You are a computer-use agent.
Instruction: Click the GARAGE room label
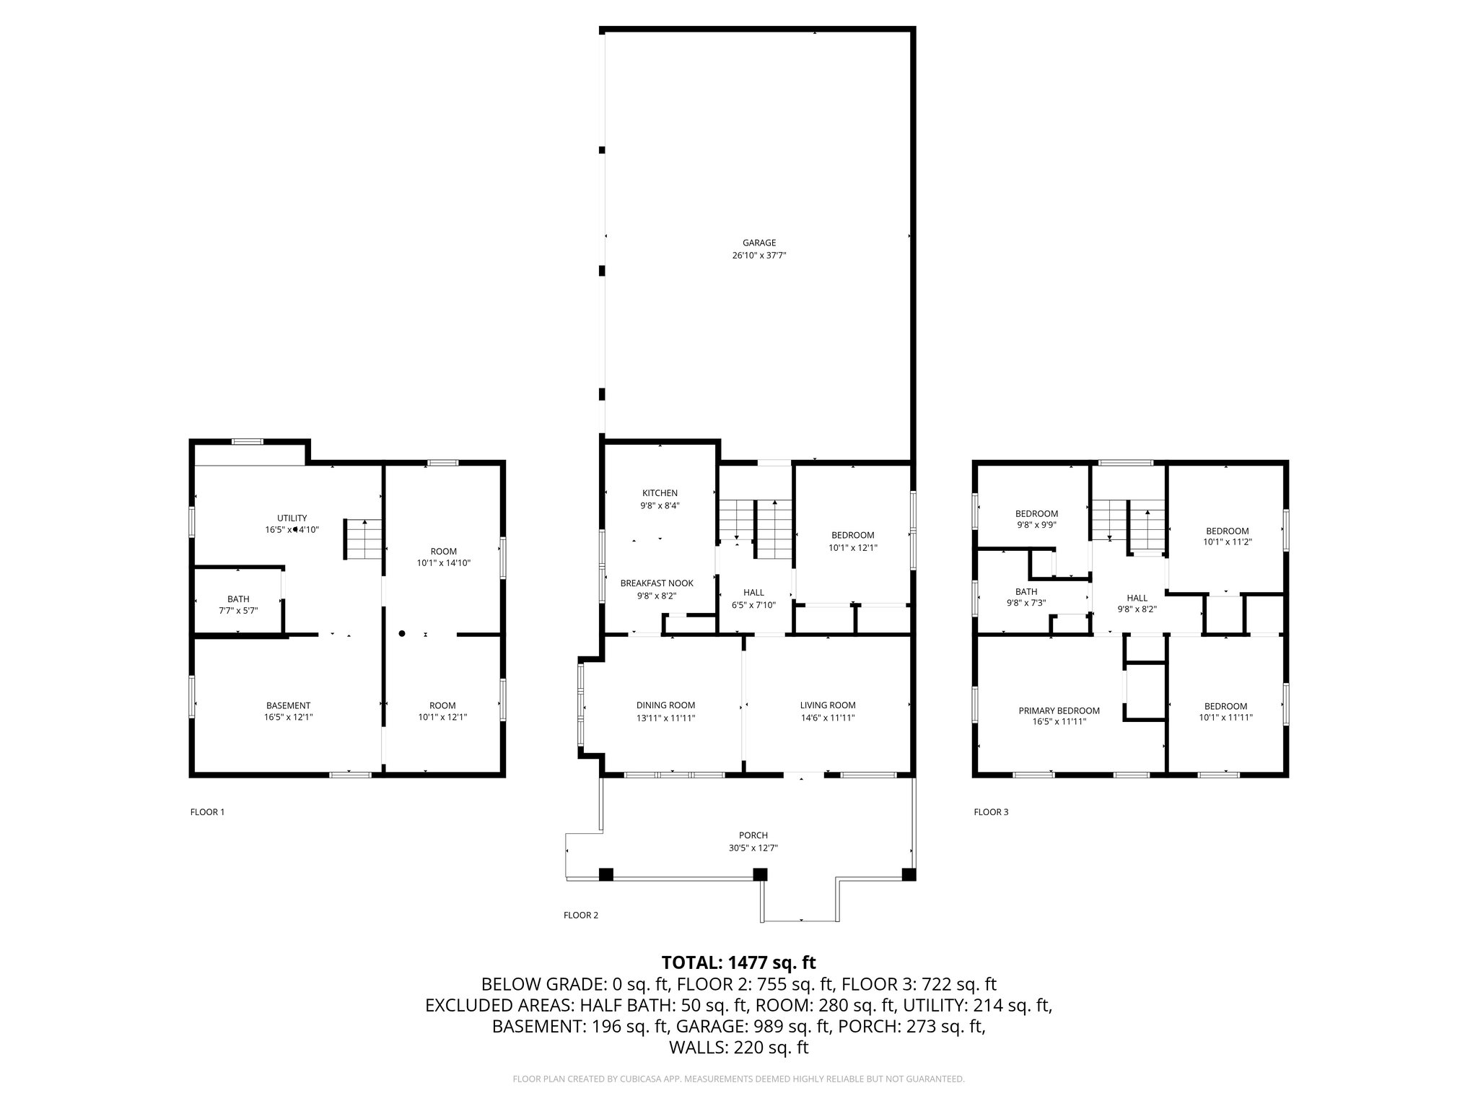pyautogui.click(x=758, y=243)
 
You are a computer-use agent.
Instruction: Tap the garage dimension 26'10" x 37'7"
pyautogui.click(x=758, y=256)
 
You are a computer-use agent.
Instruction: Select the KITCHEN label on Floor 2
pyautogui.click(x=660, y=493)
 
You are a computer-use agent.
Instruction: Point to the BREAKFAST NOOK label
pyautogui.click(x=657, y=583)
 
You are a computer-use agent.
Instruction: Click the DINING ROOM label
pyautogui.click(x=665, y=705)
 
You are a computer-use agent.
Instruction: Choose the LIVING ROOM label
pyautogui.click(x=827, y=705)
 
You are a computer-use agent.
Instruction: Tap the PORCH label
pyautogui.click(x=753, y=835)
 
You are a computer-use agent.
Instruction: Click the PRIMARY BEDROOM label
pyautogui.click(x=1059, y=711)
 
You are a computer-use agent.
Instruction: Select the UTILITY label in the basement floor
pyautogui.click(x=292, y=518)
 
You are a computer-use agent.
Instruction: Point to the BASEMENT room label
pyautogui.click(x=288, y=705)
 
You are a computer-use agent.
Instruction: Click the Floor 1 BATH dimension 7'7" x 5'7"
pyautogui.click(x=238, y=611)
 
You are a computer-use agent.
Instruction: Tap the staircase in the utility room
pyautogui.click(x=363, y=539)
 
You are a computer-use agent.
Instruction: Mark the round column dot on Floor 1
pyautogui.click(x=402, y=634)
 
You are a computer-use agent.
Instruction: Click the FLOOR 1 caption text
pyautogui.click(x=207, y=812)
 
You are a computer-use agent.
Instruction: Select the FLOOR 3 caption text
pyautogui.click(x=991, y=812)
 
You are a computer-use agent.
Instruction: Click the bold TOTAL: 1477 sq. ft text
pyautogui.click(x=738, y=962)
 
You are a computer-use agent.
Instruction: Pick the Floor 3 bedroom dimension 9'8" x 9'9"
pyautogui.click(x=1036, y=526)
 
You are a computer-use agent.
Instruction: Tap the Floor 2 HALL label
pyautogui.click(x=753, y=593)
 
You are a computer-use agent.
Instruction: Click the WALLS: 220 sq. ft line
pyautogui.click(x=738, y=1048)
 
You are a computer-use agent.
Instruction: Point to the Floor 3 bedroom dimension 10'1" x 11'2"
pyautogui.click(x=1227, y=542)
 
